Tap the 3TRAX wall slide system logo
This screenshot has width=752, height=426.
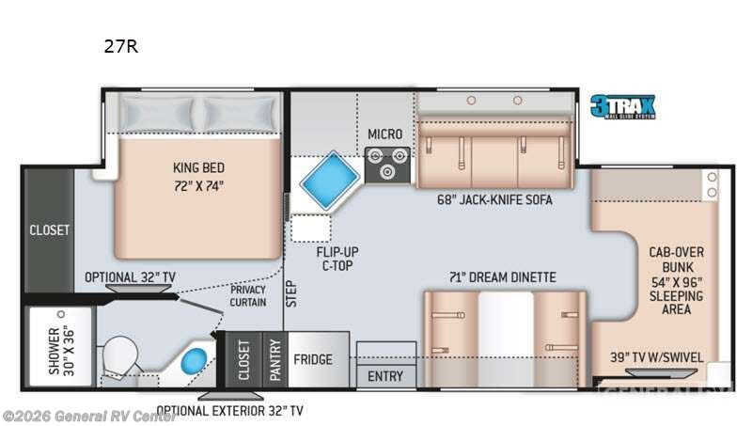pos(621,105)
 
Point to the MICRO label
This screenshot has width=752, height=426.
pos(384,134)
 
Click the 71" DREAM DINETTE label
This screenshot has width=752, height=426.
pos(504,276)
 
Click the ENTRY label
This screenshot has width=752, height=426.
pos(385,376)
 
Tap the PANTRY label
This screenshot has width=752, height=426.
pos(275,359)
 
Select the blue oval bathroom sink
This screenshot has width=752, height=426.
pos(195,361)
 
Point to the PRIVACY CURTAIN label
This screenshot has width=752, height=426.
pos(249,296)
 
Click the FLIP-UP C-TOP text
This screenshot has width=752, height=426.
pos(337,260)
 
